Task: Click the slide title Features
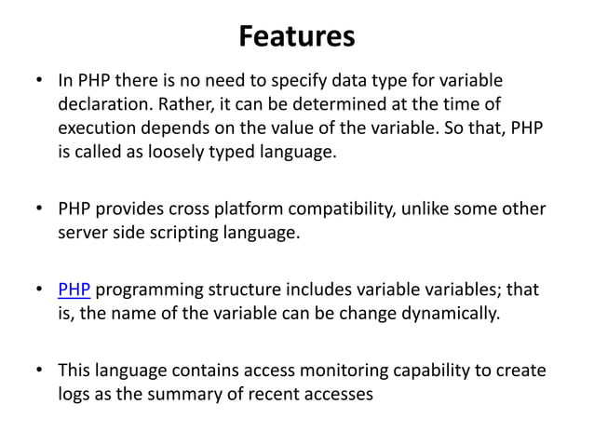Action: [297, 36]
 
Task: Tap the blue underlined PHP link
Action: [74, 290]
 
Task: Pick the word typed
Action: [218, 152]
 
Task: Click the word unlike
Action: [425, 209]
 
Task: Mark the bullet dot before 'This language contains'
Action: [40, 371]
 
